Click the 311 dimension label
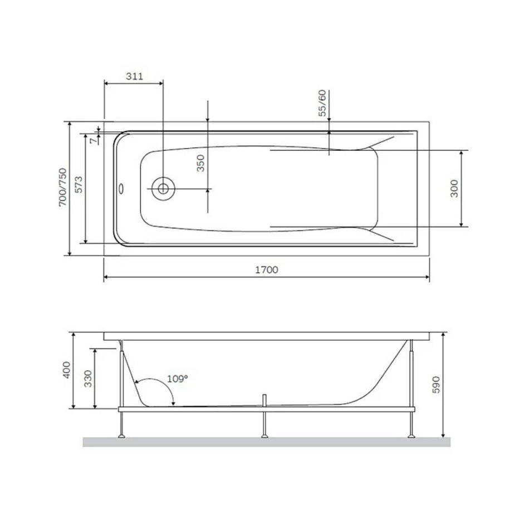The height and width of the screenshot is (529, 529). pos(135,76)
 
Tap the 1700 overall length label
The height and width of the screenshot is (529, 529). pos(267,270)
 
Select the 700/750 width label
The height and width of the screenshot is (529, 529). pos(63,187)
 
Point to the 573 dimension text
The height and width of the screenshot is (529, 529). pos(79,184)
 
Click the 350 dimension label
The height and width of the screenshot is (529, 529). pos(200,163)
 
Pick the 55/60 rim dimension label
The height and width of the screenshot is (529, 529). pos(323,103)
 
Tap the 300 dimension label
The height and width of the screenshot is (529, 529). pos(454,189)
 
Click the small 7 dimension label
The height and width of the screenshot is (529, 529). pos(93,141)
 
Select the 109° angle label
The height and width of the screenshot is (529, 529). pos(178,379)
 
